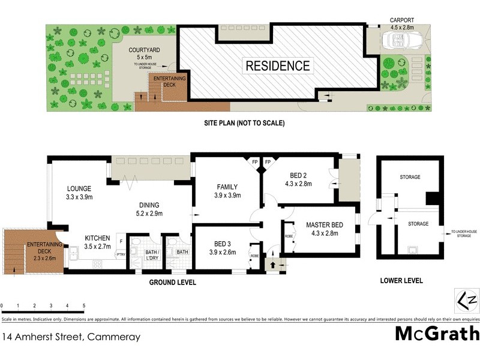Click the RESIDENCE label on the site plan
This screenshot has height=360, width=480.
277,66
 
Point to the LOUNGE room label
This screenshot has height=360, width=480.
78,191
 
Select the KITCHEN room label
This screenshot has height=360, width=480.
97,242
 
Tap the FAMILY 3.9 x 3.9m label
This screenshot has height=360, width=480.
227,190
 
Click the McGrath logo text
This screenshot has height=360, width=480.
437,334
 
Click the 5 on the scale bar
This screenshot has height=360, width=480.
84,306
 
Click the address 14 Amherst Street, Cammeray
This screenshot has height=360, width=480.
72,337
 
